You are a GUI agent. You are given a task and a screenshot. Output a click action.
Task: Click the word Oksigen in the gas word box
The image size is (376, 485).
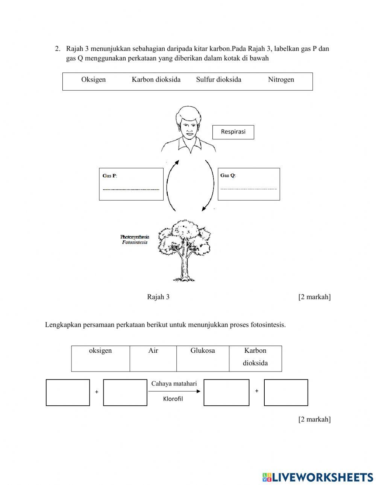(93, 80)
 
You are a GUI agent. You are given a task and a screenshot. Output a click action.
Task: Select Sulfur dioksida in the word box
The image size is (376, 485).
(218, 80)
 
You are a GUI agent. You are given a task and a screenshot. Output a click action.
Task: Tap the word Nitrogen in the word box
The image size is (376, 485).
(281, 80)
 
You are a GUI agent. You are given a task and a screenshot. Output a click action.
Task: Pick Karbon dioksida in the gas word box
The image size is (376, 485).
(156, 80)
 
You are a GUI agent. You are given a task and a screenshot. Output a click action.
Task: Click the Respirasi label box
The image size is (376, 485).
(233, 132)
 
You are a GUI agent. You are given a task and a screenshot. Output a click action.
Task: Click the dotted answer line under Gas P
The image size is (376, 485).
(131, 189)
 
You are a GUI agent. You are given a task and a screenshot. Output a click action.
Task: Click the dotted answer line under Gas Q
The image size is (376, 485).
(249, 189)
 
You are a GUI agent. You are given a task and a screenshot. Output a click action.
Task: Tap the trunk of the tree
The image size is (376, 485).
(185, 267)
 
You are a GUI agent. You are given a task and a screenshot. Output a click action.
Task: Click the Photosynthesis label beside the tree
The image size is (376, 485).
(135, 237)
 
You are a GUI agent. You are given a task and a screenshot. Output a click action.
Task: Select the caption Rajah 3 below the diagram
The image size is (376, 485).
(158, 297)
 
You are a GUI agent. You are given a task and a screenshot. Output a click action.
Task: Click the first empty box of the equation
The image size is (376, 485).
(68, 393)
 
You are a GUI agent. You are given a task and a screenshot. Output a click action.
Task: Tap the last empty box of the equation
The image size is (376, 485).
(286, 393)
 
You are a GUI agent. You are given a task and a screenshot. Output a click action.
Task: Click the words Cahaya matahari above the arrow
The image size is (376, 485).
(174, 384)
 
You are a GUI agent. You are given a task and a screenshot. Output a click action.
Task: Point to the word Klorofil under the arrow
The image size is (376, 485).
(173, 399)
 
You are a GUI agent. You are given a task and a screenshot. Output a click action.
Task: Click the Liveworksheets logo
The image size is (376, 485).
(318, 477)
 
